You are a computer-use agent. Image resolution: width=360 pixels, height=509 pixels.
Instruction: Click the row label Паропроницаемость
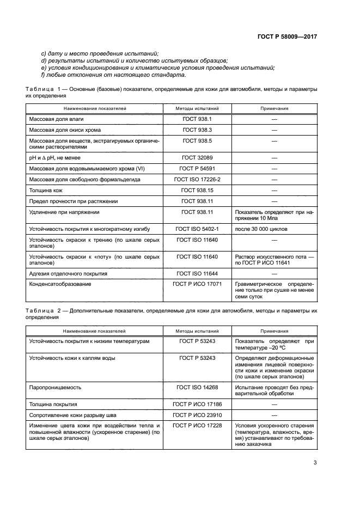point(55,387)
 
